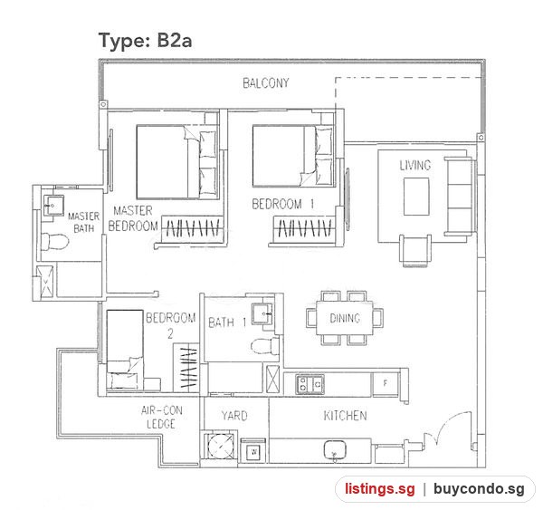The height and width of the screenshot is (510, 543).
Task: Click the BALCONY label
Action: pos(266,83)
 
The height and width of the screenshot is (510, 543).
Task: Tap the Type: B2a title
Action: pos(145,41)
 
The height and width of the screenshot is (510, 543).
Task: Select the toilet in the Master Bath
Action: pos(54,241)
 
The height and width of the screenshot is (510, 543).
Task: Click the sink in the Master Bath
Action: pos(53,206)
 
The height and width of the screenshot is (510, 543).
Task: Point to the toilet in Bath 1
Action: pos(265,346)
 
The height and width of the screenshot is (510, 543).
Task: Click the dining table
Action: pos(345,318)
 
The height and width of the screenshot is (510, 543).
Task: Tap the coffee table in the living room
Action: pos(416,197)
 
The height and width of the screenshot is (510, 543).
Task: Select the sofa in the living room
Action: pos(458,197)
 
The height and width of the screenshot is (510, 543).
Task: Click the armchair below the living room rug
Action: pos(414,251)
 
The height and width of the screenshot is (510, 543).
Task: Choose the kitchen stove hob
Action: pos(310,384)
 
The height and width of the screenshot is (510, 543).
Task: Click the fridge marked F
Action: pos(386,383)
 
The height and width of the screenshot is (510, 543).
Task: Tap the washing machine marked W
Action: pos(254,451)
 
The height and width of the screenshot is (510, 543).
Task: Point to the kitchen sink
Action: pos(335,450)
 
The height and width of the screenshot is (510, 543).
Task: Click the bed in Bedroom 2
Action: pos(125,350)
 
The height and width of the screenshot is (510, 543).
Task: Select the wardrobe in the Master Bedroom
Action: pos(192,228)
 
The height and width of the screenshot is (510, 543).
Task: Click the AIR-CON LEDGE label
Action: pos(161,417)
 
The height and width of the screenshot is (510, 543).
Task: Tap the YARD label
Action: pos(234,416)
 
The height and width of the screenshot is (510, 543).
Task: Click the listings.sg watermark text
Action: pos(380,488)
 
